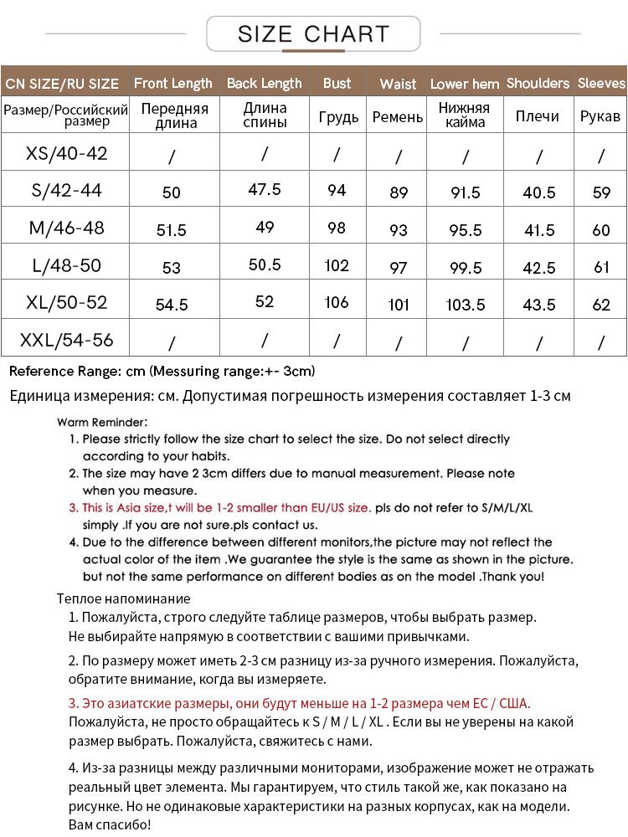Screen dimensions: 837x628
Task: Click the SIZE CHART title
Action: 313,34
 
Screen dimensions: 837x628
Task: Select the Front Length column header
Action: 173,84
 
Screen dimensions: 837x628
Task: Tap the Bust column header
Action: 337,84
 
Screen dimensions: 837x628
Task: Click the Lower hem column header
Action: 465,84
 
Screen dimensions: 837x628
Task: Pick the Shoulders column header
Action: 538,84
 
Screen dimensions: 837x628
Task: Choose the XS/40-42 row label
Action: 67,154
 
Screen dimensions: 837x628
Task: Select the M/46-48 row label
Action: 67,228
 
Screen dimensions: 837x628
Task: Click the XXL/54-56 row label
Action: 67,341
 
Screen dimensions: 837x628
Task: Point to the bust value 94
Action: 337,191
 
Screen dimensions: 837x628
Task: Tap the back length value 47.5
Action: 265,189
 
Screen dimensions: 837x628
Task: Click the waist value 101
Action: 399,304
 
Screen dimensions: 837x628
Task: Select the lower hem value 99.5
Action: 466,268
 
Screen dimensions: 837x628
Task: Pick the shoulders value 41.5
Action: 538,230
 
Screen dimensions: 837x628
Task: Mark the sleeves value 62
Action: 601,305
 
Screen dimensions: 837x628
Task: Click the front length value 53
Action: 172,268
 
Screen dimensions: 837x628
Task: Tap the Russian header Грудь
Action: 338,117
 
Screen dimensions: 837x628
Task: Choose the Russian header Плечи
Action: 538,116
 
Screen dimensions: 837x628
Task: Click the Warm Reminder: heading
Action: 104,422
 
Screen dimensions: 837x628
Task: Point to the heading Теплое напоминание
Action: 124,598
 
